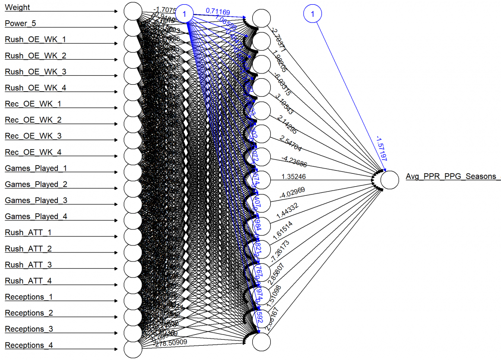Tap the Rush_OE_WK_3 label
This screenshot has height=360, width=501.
[35, 72]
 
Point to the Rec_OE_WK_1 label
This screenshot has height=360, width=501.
[33, 104]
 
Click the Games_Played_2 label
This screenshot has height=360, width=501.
[37, 185]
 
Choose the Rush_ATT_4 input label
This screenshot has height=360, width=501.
[29, 281]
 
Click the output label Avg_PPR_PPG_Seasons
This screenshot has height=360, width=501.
[451, 176]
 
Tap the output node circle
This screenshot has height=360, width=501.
[390, 180]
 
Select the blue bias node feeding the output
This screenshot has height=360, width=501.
[313, 14]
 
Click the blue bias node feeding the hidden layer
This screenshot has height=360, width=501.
[184, 14]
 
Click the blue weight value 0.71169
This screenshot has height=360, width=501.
[218, 10]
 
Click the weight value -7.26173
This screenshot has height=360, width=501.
[286, 255]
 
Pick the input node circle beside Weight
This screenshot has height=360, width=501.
[132, 11]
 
